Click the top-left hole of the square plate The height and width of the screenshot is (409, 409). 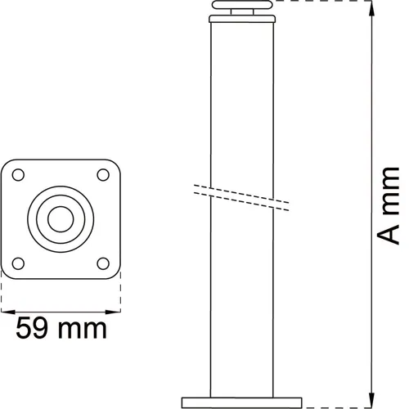pos(18,174)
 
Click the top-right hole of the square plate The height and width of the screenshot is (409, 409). pos(102,174)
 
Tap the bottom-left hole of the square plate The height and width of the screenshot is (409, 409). pos(18,263)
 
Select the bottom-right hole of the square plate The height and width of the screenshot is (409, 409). pos(102,263)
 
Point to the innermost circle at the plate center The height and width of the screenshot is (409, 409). pos(61,218)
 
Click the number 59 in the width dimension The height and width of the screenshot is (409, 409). pos(34,329)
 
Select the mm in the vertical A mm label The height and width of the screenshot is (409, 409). pos(391,187)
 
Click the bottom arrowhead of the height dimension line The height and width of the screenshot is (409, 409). pos(373,398)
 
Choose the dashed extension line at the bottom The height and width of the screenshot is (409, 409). pos(344,403)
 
